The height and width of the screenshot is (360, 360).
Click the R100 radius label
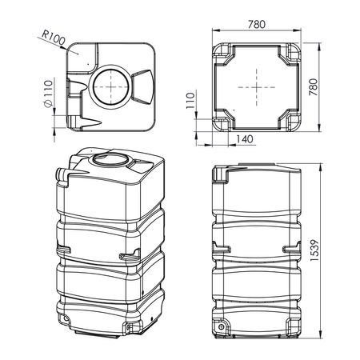pyautogui.click(x=54, y=38)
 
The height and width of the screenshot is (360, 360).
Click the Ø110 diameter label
pyautogui.click(x=48, y=94)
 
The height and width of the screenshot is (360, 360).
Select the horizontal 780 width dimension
pyautogui.click(x=257, y=24)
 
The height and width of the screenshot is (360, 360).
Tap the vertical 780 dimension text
pyautogui.click(x=314, y=87)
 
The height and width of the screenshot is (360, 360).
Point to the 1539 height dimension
pyautogui.click(x=314, y=250)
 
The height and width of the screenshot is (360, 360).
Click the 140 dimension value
pyautogui.click(x=245, y=139)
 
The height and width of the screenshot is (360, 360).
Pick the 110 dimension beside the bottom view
pyautogui.click(x=190, y=101)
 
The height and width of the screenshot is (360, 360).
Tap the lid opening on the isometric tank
pyautogui.click(x=110, y=160)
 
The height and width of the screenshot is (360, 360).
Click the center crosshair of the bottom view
pyautogui.click(x=257, y=87)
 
